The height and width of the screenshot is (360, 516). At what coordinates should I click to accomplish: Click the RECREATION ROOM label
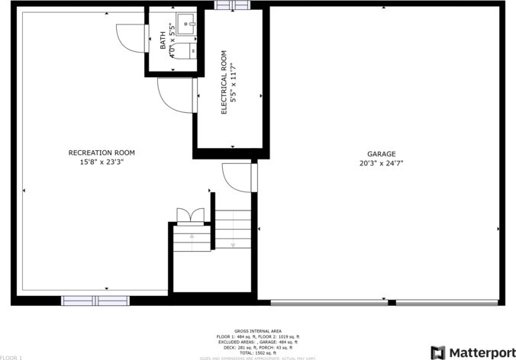[102, 153]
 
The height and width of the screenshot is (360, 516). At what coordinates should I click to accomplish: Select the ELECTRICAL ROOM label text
[224, 82]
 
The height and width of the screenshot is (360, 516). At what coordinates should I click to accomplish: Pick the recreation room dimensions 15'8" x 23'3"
[102, 162]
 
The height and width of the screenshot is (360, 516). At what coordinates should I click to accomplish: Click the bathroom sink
[186, 21]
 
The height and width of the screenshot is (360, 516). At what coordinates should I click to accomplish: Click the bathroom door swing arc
[130, 37]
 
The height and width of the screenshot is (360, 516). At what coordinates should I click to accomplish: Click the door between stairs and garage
[237, 177]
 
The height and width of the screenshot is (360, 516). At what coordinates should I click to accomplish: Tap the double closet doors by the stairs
[189, 216]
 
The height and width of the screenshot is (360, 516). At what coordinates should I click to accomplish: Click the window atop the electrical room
[226, 5]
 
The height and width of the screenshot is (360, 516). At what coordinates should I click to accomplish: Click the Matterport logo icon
[439, 352]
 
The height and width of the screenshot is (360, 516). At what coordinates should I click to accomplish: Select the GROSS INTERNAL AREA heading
[257, 331]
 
